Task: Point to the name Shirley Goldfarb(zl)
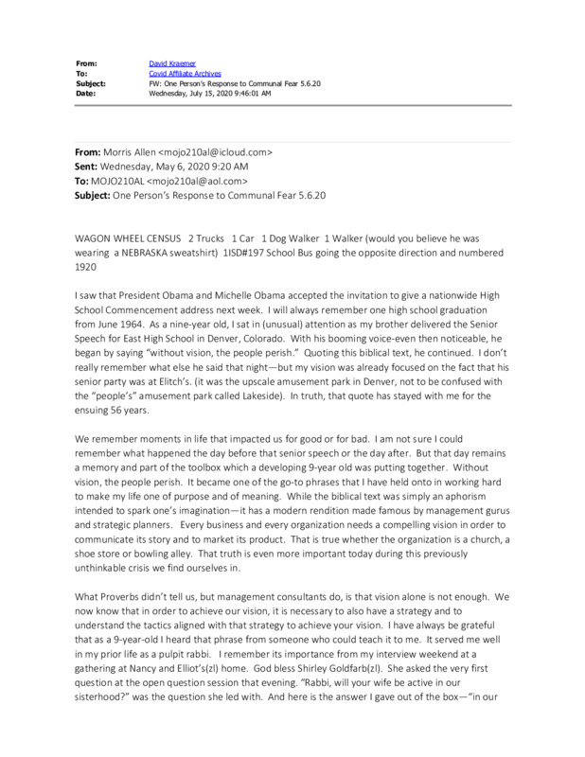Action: (x=360, y=689)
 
